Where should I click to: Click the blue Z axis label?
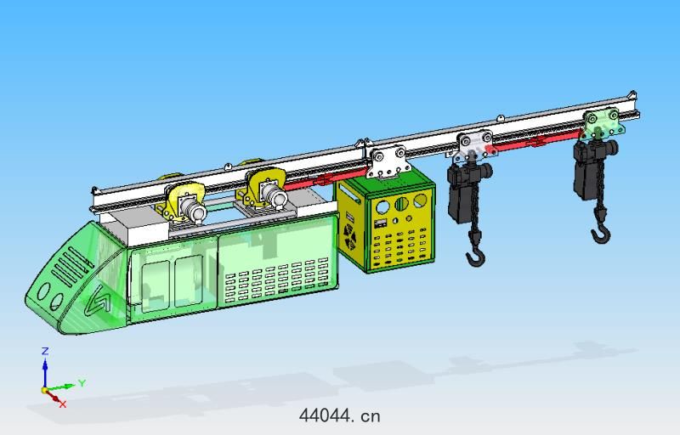point(45,351)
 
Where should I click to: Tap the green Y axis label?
point(82,383)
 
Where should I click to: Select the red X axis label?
point(63,404)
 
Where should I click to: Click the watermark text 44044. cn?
point(339,415)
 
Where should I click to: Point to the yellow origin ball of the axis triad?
point(44,390)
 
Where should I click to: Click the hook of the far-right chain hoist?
point(602,235)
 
